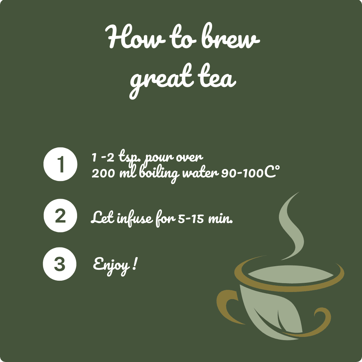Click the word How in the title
click(x=135, y=36)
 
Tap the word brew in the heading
click(x=231, y=36)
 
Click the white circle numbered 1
click(x=60, y=164)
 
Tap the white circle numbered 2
click(x=60, y=216)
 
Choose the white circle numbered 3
click(x=60, y=264)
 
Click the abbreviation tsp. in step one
click(x=131, y=158)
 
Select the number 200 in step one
click(x=103, y=174)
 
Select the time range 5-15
click(x=191, y=218)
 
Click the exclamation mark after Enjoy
click(x=135, y=264)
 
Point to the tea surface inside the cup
click(x=291, y=274)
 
